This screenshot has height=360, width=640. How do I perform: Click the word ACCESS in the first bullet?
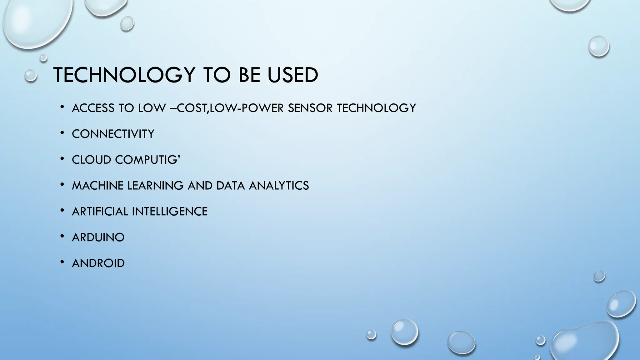tap(93, 108)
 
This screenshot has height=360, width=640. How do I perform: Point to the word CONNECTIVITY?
tap(113, 134)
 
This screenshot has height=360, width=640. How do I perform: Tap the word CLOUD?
tap(91, 160)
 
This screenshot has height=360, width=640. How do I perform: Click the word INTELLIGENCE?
tap(170, 212)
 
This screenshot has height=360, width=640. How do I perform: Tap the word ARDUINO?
tap(98, 237)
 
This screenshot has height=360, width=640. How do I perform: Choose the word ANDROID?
tap(98, 263)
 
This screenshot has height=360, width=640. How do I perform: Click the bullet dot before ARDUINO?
tap(62, 236)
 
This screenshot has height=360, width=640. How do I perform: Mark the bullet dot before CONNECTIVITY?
tap(62, 133)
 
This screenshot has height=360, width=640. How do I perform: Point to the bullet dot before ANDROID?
tap(62, 262)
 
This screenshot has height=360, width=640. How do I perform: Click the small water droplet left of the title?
tap(31, 76)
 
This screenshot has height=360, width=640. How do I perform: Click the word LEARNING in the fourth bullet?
tap(155, 186)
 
